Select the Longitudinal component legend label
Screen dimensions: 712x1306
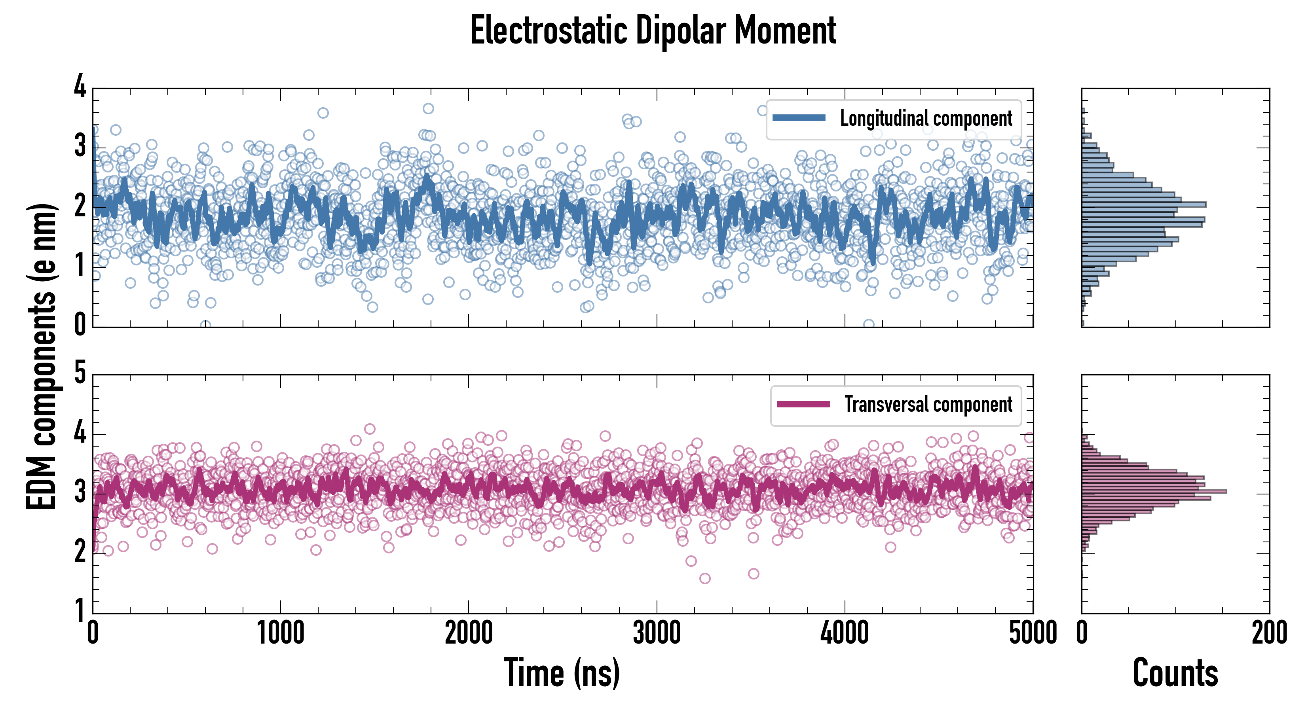click(926, 119)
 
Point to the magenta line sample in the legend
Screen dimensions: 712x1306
click(803, 404)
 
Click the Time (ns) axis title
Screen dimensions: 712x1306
click(562, 673)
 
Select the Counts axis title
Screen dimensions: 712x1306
click(1175, 673)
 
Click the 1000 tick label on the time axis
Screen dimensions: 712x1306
click(280, 633)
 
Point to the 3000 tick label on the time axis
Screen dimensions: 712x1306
click(657, 633)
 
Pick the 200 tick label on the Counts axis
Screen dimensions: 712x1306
click(1269, 633)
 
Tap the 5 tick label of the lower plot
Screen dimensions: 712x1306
click(80, 373)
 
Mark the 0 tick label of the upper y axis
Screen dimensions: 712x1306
click(80, 324)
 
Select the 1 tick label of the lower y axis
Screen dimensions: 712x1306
click(80, 610)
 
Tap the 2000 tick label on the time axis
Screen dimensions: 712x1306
click(469, 633)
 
